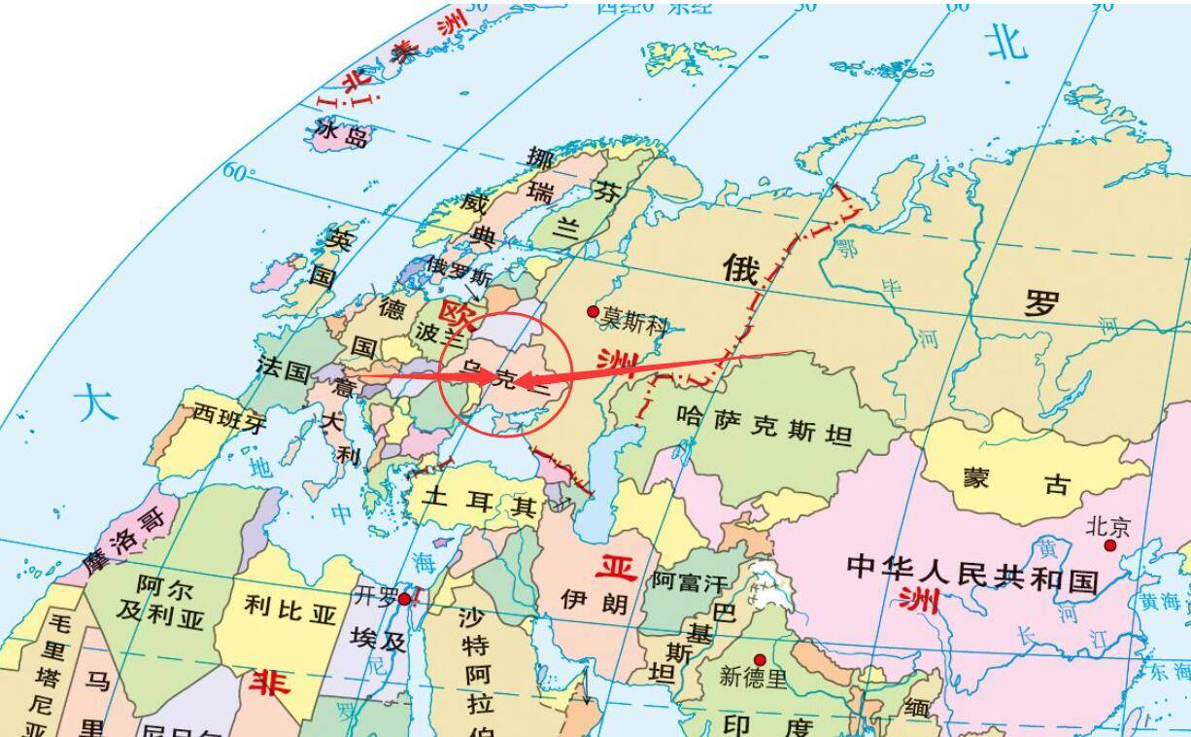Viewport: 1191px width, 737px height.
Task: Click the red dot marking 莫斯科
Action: click(x=593, y=311)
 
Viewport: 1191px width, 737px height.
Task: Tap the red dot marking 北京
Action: click(x=1110, y=545)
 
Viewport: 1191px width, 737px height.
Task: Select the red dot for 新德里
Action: click(x=760, y=660)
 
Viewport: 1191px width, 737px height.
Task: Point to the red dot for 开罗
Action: click(x=405, y=599)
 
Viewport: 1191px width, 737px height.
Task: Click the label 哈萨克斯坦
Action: click(x=765, y=425)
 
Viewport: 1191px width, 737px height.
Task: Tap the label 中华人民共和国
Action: click(x=972, y=573)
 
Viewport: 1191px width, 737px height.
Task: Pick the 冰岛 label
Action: click(x=342, y=133)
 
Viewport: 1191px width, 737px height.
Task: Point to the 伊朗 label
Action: click(x=595, y=602)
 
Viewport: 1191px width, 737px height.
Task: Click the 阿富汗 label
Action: click(x=689, y=582)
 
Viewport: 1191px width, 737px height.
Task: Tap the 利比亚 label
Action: click(x=290, y=610)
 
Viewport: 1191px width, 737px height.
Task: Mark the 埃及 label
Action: click(x=379, y=640)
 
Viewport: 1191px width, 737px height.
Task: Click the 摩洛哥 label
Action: click(x=123, y=531)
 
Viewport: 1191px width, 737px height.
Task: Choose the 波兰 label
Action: click(x=433, y=332)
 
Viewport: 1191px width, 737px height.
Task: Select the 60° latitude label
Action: click(x=239, y=172)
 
